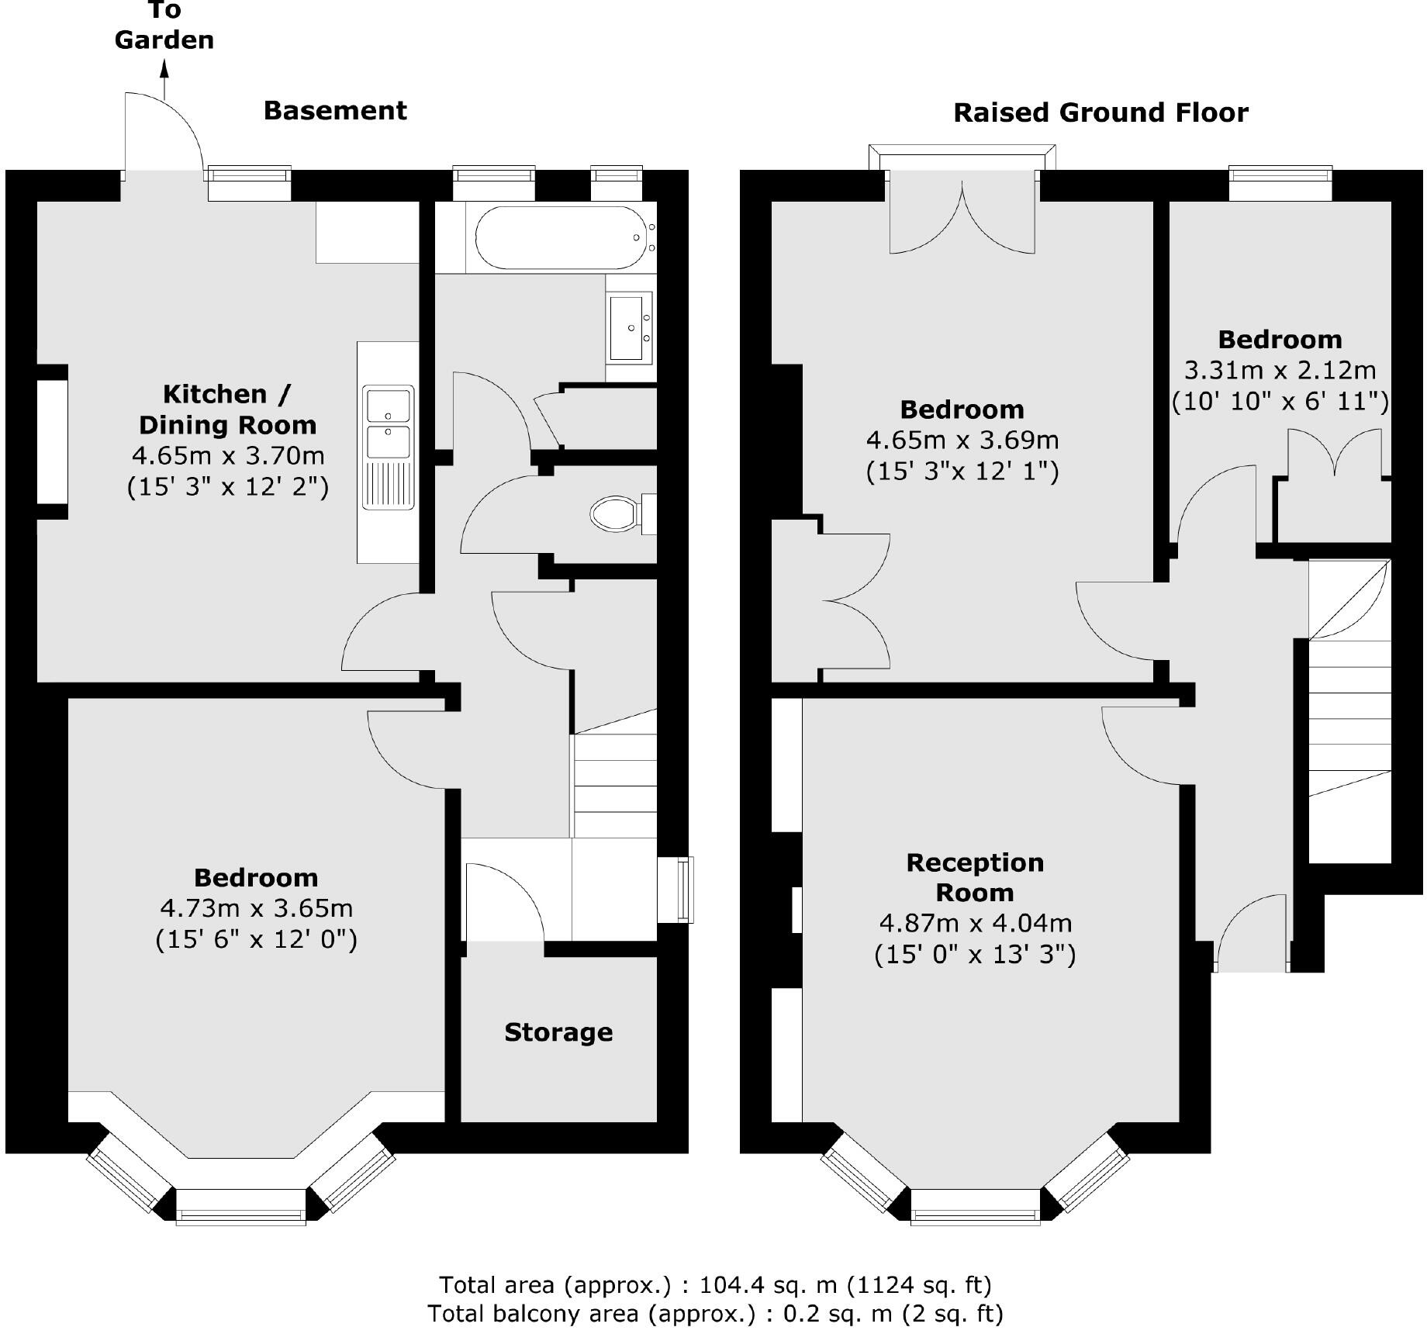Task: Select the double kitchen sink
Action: pos(389,423)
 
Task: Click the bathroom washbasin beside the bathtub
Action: pos(630,327)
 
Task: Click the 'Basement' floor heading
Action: pos(335,111)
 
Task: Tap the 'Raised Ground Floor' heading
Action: pos(1100,113)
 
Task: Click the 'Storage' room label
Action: pos(558,1032)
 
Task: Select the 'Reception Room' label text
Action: pos(975,877)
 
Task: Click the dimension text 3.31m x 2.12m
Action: pos(1280,370)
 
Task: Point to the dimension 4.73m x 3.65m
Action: pos(256,908)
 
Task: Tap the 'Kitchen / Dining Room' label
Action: pos(227,410)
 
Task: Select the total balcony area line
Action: pos(715,1314)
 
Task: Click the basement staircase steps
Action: pos(615,783)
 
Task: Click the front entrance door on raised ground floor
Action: pos(1250,935)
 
